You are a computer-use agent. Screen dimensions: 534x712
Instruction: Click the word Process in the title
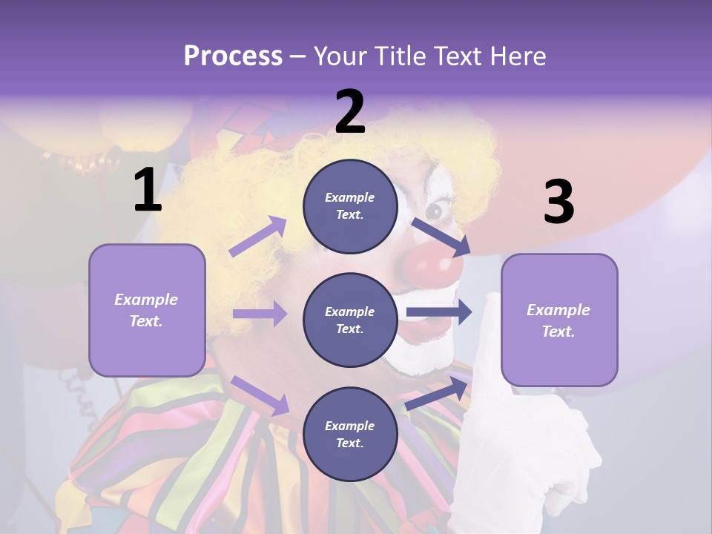(233, 56)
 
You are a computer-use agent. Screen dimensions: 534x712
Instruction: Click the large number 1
(148, 191)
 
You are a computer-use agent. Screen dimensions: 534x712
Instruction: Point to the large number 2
(350, 113)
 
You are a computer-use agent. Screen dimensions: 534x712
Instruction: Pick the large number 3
(558, 202)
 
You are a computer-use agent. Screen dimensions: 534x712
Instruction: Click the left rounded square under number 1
(147, 310)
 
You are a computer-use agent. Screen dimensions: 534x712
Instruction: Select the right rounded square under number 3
(559, 320)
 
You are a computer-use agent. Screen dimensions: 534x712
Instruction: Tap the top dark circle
(350, 205)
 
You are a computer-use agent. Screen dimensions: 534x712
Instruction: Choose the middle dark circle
(350, 320)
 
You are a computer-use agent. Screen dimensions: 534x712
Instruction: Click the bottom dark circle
(350, 434)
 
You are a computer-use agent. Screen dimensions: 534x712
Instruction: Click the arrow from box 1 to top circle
(257, 237)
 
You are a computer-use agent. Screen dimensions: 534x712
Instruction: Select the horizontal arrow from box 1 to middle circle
(259, 314)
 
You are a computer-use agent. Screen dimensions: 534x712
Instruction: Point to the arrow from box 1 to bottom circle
(259, 395)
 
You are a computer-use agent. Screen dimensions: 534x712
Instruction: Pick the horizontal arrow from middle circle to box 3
(438, 312)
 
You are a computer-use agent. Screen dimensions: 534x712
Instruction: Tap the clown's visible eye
(435, 211)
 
